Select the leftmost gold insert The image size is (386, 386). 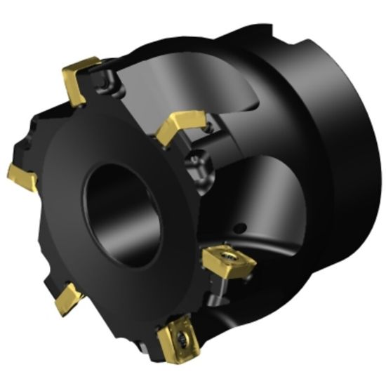22,176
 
